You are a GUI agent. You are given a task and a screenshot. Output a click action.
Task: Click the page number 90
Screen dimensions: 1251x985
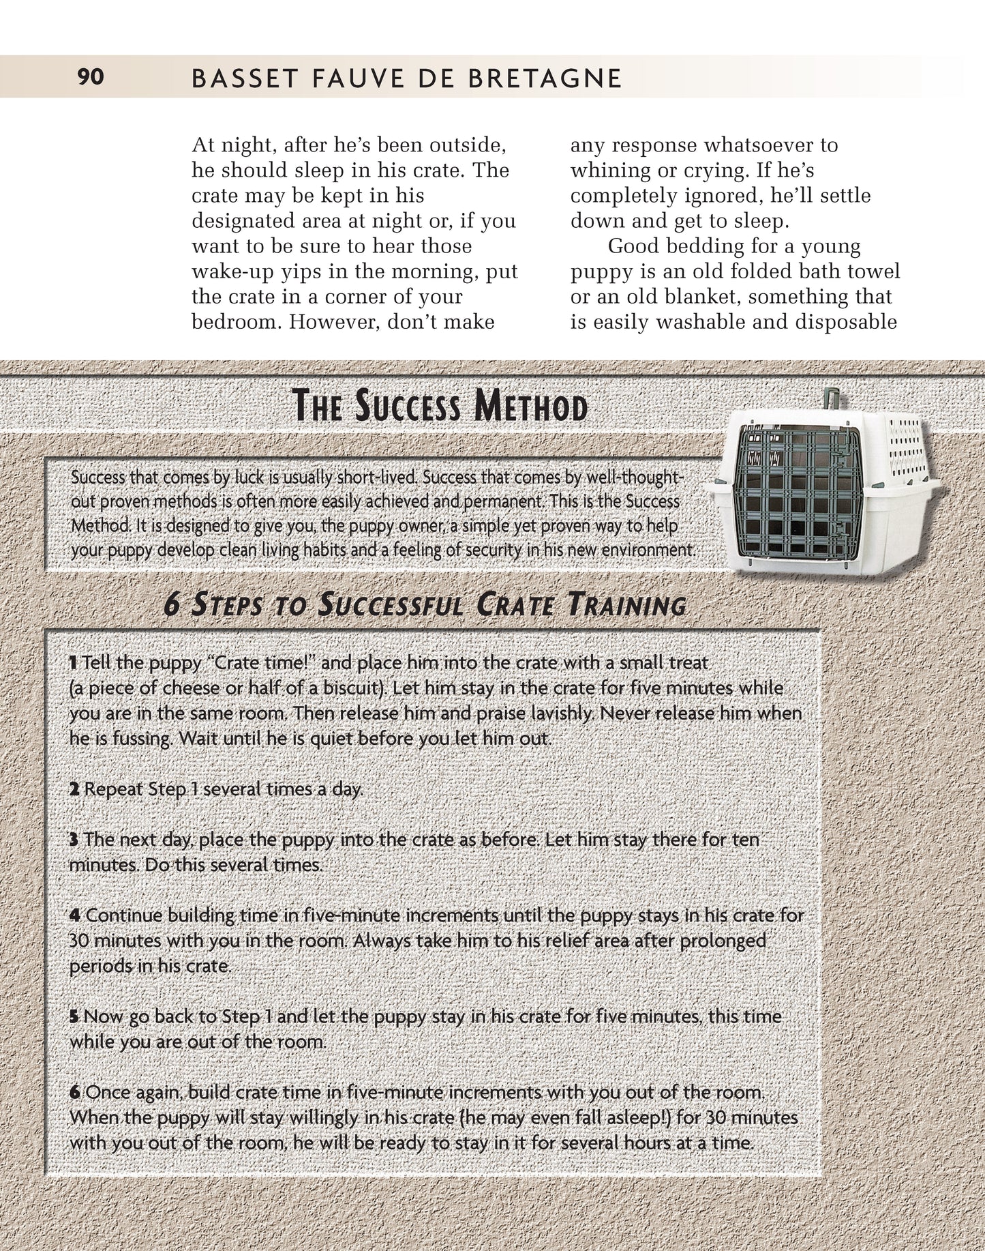click(x=91, y=77)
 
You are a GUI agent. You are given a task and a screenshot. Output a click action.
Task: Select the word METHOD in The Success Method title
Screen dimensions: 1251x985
click(x=531, y=407)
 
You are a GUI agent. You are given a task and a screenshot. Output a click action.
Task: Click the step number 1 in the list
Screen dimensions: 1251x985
click(x=74, y=662)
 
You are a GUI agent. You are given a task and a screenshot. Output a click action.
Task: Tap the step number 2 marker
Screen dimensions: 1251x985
click(x=74, y=789)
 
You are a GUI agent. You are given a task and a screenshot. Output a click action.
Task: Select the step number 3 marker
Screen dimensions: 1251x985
click(x=74, y=840)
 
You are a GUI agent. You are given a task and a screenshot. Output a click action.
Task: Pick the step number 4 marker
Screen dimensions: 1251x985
click(x=75, y=915)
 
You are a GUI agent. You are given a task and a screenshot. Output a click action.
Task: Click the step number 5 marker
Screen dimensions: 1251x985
click(x=74, y=1017)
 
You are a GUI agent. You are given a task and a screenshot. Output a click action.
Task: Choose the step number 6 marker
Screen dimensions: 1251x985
click(x=75, y=1092)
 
